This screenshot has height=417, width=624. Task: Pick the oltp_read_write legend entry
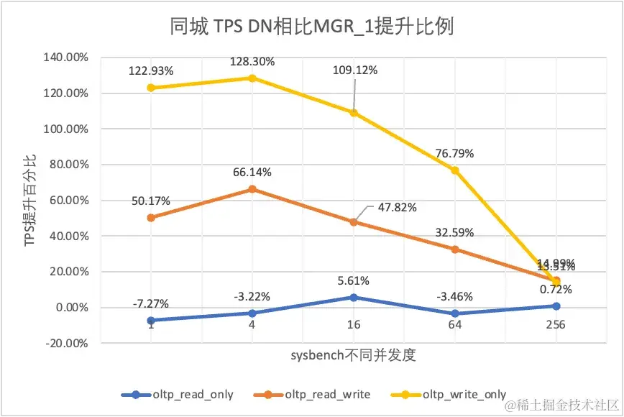click(327, 394)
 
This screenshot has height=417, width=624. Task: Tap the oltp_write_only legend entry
click(464, 394)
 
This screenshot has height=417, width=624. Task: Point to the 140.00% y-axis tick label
click(64, 58)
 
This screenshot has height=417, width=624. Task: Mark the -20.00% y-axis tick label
click(64, 343)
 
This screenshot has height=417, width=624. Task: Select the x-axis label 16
click(353, 324)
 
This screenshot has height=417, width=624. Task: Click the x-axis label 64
click(454, 324)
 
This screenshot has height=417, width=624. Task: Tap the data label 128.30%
click(252, 62)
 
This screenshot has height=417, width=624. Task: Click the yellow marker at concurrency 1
click(151, 88)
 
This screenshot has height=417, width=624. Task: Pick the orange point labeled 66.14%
click(252, 189)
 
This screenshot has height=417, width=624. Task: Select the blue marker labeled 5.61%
click(353, 297)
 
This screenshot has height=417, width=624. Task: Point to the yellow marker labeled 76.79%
click(454, 170)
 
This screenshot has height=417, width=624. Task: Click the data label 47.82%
click(397, 207)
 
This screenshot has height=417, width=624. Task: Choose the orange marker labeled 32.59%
click(454, 249)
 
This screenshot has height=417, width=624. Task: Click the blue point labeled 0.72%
click(556, 306)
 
